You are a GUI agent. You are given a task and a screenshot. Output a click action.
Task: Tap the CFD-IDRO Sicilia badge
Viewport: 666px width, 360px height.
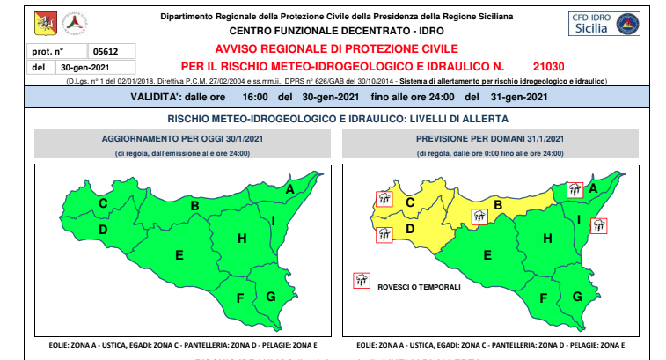(x=604, y=24)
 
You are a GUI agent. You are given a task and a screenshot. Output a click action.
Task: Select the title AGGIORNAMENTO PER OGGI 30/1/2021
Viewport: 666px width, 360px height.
(x=182, y=139)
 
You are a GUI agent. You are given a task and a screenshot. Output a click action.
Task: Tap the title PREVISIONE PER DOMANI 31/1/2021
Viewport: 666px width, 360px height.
(x=492, y=139)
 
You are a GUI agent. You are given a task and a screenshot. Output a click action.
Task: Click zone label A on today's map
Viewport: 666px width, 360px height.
(x=289, y=188)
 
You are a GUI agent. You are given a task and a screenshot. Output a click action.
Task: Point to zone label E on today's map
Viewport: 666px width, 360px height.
(x=179, y=256)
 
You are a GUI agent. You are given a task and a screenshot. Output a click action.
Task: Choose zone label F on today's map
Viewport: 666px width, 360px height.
(x=239, y=297)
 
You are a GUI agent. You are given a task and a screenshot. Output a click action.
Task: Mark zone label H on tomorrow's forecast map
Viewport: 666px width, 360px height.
(x=547, y=238)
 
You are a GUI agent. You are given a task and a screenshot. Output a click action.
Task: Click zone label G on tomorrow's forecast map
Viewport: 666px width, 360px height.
(x=577, y=296)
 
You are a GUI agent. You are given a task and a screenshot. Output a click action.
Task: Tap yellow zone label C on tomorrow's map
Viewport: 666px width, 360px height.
(x=410, y=204)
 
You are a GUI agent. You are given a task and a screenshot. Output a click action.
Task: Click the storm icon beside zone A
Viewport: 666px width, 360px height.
(x=574, y=189)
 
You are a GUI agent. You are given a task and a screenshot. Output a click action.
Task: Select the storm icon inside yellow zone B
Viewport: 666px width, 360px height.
(x=480, y=217)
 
